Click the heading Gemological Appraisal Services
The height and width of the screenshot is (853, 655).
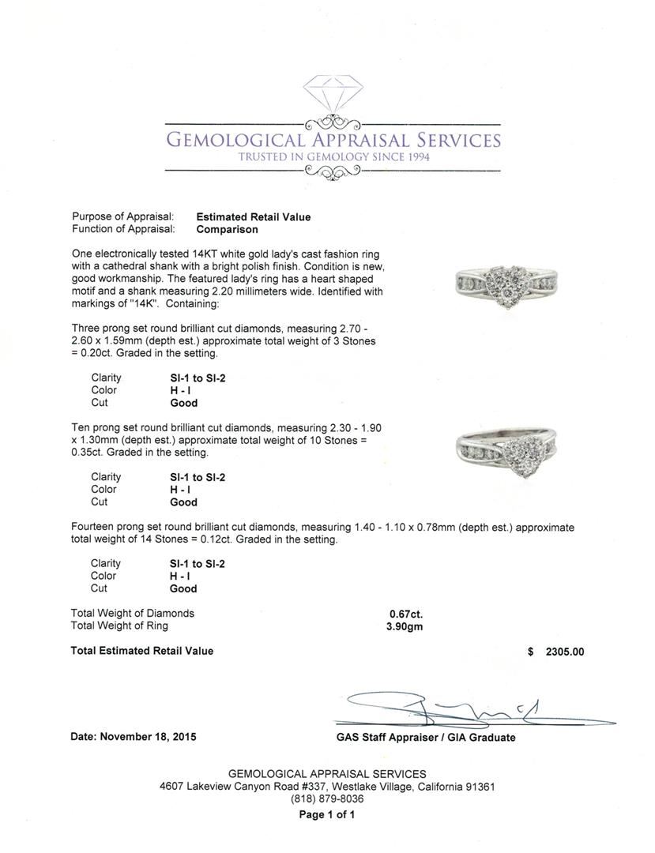332,141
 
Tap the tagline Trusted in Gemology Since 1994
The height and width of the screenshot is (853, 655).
332,157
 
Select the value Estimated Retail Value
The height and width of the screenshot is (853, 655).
253,217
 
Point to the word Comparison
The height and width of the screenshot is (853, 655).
227,230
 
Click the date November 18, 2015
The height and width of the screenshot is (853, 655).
134,737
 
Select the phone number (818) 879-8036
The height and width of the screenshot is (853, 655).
327,799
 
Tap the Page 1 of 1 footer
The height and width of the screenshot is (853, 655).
327,815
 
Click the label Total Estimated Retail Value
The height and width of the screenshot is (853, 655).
142,652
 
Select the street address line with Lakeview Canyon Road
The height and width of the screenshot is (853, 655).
327,787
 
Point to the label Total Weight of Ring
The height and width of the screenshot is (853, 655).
119,626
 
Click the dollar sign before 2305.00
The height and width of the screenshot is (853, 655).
531,652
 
